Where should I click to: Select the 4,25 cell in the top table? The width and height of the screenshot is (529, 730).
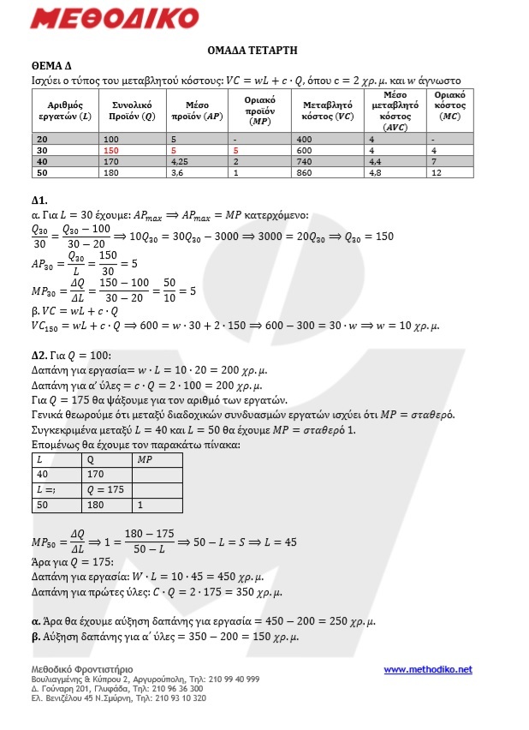181,160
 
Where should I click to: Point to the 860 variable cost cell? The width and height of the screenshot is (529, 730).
306,171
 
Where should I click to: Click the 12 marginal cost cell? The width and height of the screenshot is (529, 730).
437,171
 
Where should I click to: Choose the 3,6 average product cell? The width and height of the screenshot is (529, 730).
177,171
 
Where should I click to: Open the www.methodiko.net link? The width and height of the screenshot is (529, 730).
427,669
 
